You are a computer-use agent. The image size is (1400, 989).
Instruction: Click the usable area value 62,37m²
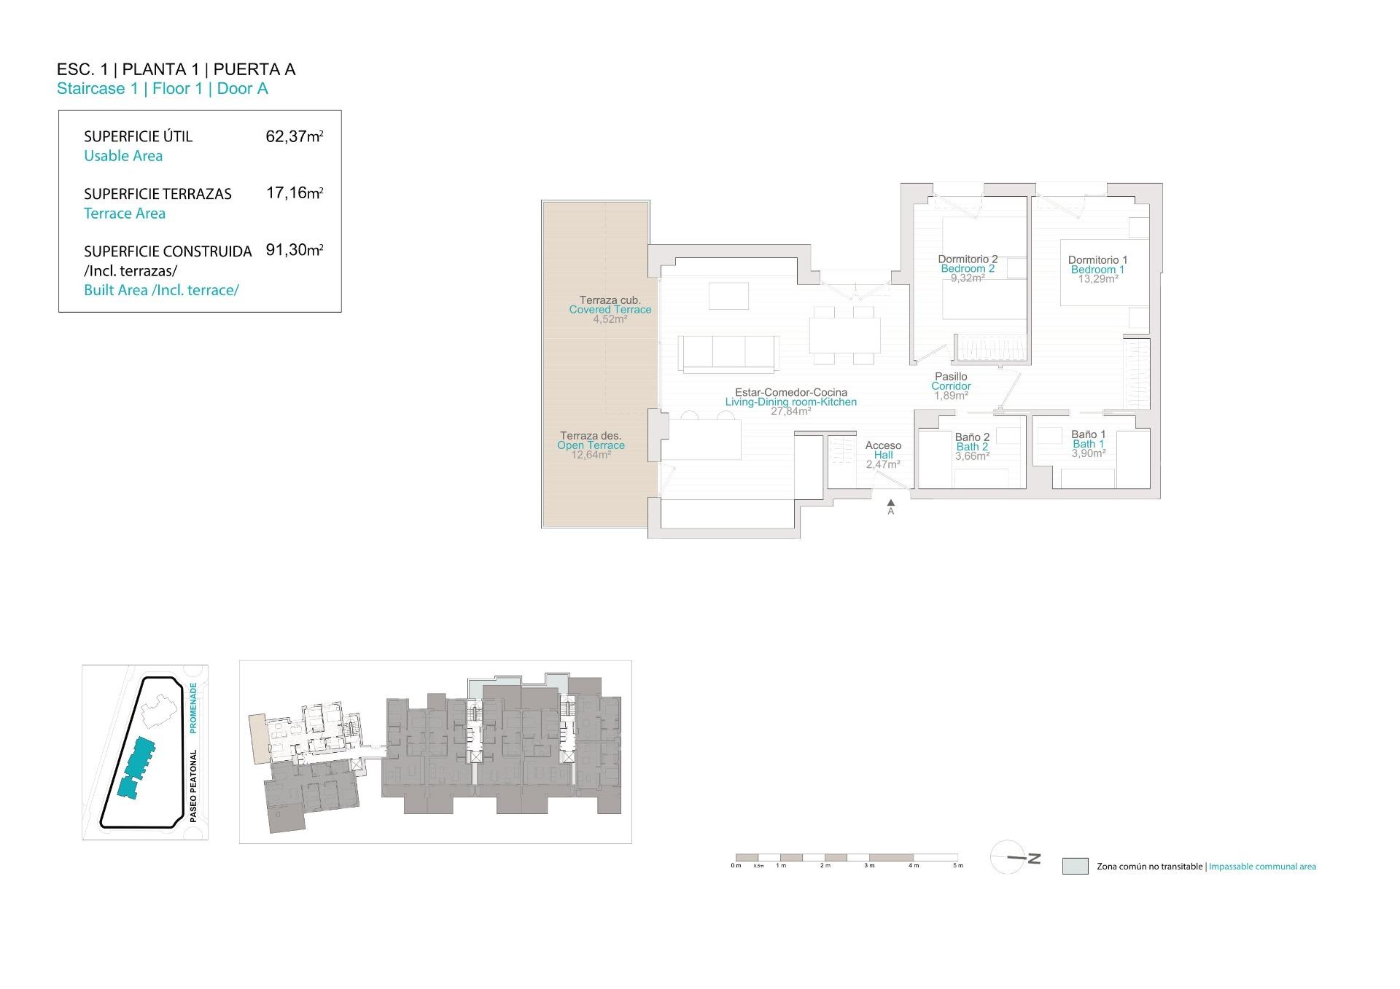[x=294, y=136]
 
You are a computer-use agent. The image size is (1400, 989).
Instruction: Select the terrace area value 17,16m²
[x=294, y=194]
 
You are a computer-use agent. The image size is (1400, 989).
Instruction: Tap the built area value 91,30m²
[x=294, y=250]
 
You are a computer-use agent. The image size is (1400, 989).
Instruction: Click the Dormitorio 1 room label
[x=1097, y=260]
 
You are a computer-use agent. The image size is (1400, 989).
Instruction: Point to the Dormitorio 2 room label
[x=968, y=259]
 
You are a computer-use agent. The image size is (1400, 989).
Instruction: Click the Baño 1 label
[x=1088, y=434]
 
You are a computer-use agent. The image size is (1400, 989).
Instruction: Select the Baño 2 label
[x=972, y=437]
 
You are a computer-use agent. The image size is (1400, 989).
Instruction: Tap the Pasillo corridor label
[x=951, y=377]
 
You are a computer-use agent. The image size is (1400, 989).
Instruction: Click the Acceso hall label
[x=883, y=445]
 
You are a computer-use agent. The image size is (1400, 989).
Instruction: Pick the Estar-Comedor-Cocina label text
[x=790, y=392]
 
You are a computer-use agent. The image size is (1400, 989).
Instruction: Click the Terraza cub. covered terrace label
[x=610, y=300]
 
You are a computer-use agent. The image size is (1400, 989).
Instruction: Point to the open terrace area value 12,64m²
[x=591, y=455]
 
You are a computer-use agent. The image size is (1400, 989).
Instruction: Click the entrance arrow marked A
[x=890, y=503]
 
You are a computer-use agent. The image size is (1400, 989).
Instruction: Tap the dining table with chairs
[x=844, y=336]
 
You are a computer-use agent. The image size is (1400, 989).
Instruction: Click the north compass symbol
[x=1013, y=857]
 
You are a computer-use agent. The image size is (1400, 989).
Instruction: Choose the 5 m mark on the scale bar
[x=958, y=865]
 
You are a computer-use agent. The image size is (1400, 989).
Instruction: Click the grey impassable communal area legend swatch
[x=1075, y=866]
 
